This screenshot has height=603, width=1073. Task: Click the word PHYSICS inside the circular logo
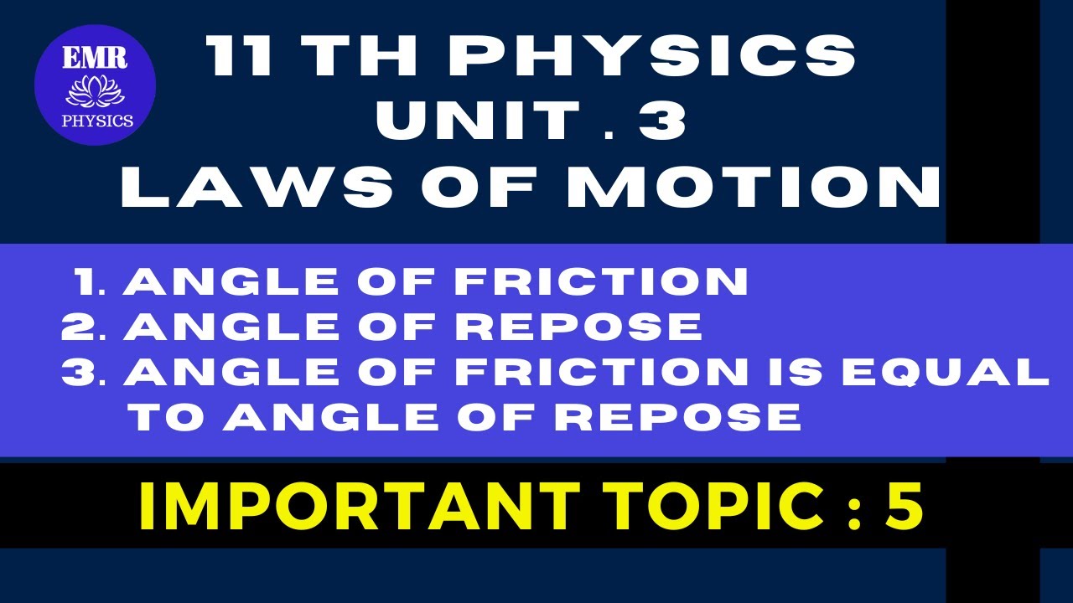[97, 121]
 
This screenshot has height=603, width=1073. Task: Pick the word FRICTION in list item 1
[602, 283]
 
